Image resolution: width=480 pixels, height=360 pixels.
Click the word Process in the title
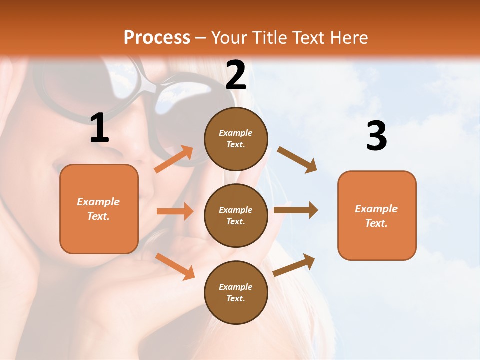click(x=157, y=37)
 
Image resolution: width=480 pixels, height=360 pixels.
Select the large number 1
click(x=99, y=128)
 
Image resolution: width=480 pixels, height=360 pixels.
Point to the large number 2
click(x=236, y=75)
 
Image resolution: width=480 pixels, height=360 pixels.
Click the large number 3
click(x=376, y=136)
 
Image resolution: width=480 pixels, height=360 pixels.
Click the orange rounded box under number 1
click(x=99, y=209)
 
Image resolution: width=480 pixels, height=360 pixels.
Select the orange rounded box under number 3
click(x=377, y=215)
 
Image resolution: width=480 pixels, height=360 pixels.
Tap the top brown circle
click(x=236, y=139)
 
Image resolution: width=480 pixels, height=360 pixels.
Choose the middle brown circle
click(x=236, y=215)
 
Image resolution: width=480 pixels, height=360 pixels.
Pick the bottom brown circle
click(x=236, y=292)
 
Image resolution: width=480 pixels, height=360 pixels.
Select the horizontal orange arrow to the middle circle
click(x=175, y=211)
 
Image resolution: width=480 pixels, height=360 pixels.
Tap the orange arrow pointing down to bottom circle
click(x=175, y=266)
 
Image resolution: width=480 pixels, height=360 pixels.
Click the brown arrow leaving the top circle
click(x=297, y=159)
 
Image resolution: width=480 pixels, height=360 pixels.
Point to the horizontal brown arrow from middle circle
click(x=295, y=210)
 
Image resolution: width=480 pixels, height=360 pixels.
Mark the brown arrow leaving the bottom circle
click(x=294, y=265)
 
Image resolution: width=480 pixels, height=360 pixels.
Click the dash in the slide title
click(x=201, y=38)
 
